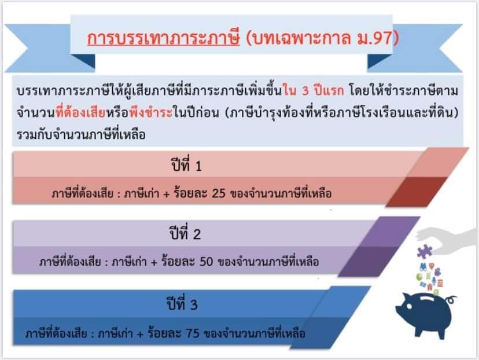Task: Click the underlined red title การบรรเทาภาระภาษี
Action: pos(164,38)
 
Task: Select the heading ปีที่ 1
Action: pos(186,166)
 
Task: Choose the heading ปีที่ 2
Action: pos(185,233)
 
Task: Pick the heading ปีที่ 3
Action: pos(182,304)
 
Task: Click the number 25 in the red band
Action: pos(219,193)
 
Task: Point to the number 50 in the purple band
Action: pos(206,262)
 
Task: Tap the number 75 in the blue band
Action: pos(193,333)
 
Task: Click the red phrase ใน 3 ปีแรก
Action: pos(314,91)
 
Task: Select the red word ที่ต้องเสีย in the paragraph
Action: pos(80,112)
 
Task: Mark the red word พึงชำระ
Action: pos(151,112)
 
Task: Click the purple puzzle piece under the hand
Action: pos(424,252)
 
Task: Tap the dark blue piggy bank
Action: pos(426,315)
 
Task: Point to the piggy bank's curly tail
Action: pos(451,300)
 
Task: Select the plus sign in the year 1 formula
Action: pos(167,194)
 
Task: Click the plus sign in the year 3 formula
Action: pos(140,334)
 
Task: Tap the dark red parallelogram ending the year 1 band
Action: pos(417,192)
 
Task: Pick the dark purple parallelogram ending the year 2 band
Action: pos(369,261)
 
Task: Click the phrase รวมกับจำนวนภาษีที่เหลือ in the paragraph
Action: pos(81,135)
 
